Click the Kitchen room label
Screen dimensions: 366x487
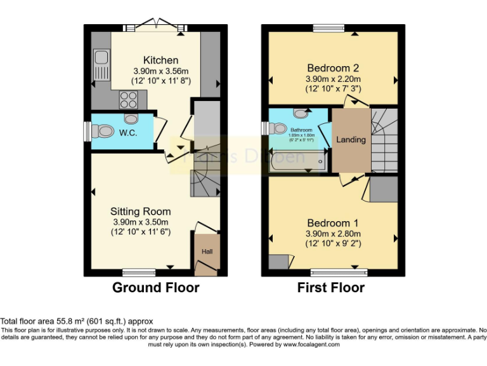point(160,60)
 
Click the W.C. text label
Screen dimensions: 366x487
point(129,133)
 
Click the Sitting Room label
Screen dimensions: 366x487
point(140,211)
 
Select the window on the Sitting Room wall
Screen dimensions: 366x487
point(139,273)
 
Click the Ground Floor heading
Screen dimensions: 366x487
point(155,288)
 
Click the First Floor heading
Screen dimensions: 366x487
point(330,288)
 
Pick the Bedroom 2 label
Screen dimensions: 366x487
point(333,68)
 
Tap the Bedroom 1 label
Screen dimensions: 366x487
point(333,223)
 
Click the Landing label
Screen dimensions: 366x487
point(351,139)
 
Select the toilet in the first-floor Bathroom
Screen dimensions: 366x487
point(277,128)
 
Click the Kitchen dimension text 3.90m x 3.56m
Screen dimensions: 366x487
point(162,71)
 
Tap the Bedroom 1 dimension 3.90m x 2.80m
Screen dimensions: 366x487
point(333,233)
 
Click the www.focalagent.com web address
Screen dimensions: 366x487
point(311,344)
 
